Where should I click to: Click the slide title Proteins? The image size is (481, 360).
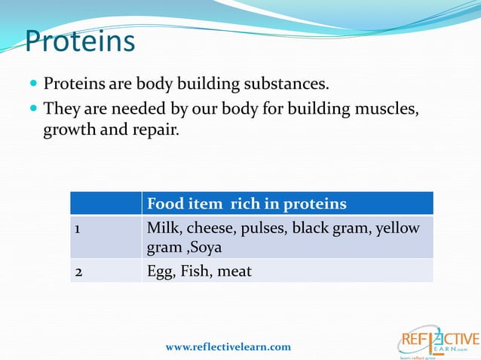point(80,41)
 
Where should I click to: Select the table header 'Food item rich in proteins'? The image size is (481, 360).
point(247,204)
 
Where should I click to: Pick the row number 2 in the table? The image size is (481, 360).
point(78,270)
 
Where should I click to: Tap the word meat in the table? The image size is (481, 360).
point(234,270)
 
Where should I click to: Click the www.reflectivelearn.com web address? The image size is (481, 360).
point(228,347)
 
